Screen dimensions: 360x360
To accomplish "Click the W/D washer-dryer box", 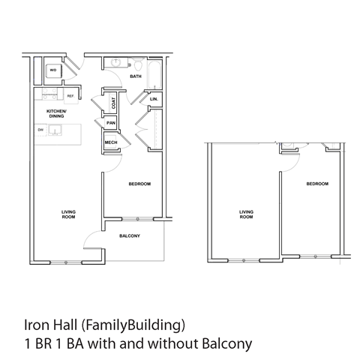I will coord(53,72).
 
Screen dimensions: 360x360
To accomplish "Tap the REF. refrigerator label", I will coord(70,96).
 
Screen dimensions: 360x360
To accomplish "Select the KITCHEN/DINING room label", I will coord(57,114).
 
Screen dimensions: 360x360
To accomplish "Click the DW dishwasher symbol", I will coord(40,130).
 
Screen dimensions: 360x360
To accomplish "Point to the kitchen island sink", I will coord(57,131).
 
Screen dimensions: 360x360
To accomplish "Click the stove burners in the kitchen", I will coord(49,95).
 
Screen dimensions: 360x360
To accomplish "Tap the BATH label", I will coord(136,76).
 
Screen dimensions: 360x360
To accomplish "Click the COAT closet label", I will coord(113,103).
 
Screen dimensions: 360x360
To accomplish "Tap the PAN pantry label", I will coord(110,123).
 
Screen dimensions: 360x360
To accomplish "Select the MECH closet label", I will coord(109,141).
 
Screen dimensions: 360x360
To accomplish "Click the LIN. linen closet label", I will coord(154,99).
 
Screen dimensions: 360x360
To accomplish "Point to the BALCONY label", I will coord(130,235).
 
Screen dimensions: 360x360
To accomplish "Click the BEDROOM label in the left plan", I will coord(139,184).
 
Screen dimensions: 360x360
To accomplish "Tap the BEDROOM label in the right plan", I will coord(317,184).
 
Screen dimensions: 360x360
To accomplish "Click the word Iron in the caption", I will coord(34,326).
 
